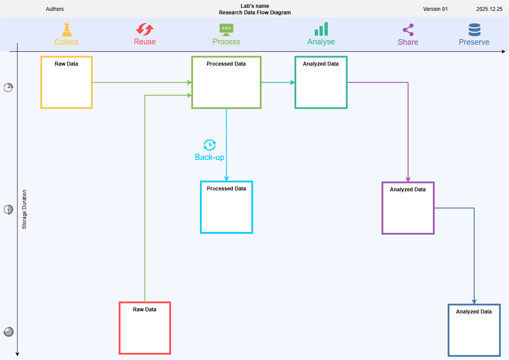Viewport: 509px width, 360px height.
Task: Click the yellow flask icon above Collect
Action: tap(66, 30)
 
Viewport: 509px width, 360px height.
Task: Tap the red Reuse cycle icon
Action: tap(144, 30)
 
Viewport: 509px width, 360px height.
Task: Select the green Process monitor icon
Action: tap(226, 29)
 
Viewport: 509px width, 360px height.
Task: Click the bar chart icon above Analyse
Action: tap(321, 29)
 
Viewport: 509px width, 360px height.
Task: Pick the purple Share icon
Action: tap(408, 30)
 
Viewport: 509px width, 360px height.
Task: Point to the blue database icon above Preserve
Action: tap(474, 30)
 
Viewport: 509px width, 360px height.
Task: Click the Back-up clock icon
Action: tap(210, 145)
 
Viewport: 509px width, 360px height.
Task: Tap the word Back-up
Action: tap(210, 157)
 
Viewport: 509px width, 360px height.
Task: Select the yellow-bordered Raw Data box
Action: tap(67, 82)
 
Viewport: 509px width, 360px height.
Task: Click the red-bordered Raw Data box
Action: tap(145, 328)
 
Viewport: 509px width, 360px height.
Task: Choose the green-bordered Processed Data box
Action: tap(226, 82)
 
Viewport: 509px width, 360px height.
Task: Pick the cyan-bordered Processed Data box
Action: tap(226, 207)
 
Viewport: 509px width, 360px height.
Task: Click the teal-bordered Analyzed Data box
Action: tap(321, 82)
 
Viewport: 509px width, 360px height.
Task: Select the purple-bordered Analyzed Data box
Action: tap(408, 208)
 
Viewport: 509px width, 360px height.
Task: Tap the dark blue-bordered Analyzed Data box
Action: tap(474, 330)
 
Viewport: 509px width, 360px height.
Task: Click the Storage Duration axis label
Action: tap(24, 209)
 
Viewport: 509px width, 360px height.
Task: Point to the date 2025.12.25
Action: tap(489, 9)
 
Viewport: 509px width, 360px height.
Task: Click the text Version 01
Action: tap(435, 9)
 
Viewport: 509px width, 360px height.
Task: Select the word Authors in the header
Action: tap(55, 9)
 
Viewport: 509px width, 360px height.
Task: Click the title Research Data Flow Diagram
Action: tap(255, 13)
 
